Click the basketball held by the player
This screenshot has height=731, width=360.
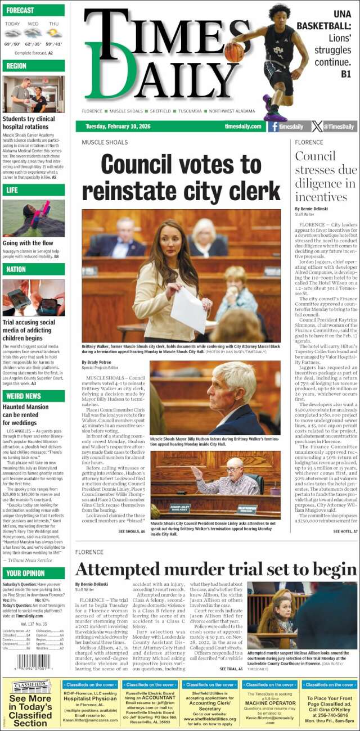(234, 52)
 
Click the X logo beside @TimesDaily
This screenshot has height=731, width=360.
(317, 127)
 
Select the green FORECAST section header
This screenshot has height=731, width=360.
(33, 10)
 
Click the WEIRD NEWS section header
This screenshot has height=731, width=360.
(33, 396)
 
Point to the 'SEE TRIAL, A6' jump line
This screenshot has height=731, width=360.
(231, 669)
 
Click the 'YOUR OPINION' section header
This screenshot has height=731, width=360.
(33, 573)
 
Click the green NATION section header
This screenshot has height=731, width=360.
(33, 269)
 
